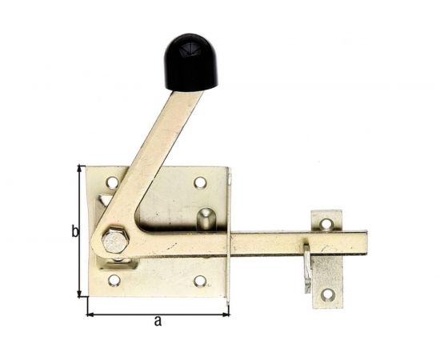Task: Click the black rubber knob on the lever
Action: pos(191,62)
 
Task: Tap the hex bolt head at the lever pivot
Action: pos(115,241)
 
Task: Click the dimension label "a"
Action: pos(158,322)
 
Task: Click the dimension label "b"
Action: pos(75,232)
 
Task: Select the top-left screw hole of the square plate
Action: pos(112,182)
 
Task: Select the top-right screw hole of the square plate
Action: pos(200,182)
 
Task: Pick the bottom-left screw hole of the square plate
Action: pos(114,280)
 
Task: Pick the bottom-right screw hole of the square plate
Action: pos(200,281)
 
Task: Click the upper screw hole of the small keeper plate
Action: pos(326,224)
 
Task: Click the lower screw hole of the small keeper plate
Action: pos(328,295)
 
